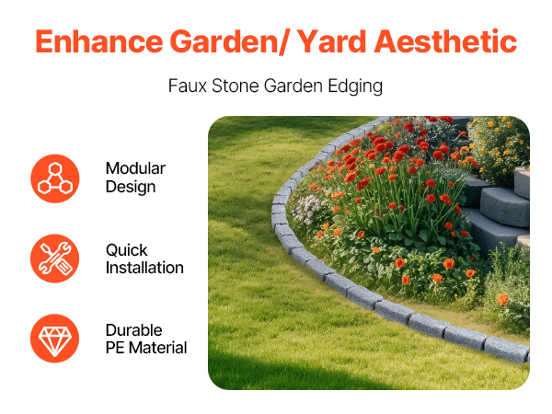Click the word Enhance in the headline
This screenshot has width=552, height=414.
coord(99,41)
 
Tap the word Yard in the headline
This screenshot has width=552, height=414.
coord(331,42)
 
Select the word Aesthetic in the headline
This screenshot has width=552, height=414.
coord(445,41)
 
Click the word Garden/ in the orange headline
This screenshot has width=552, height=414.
coord(229,42)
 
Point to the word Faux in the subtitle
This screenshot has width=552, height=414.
coord(188,86)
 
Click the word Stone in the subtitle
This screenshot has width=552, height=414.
coord(236,86)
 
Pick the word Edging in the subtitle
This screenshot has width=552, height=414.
coord(355,86)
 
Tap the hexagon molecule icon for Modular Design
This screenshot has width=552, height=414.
coord(55,178)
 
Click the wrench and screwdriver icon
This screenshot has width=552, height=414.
coord(55,259)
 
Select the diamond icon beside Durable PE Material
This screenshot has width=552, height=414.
coord(55,339)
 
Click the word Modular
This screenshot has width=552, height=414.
coord(135,168)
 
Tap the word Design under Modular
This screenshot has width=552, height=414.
coord(131,187)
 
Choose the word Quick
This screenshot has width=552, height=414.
coord(126,250)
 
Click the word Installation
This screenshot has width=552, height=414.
coord(144,268)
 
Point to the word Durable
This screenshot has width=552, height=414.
coord(134,330)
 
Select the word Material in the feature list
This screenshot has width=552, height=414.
coord(157,348)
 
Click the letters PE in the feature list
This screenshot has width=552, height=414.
coord(115,348)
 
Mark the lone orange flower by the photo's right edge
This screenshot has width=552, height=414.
coord(502,299)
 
